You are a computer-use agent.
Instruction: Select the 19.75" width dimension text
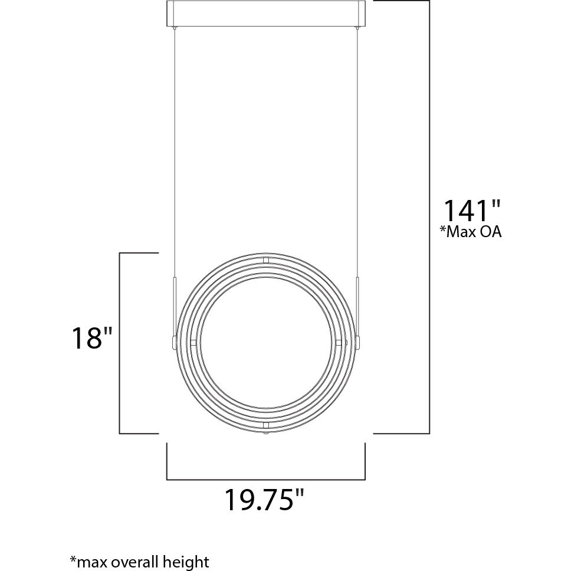pyautogui.click(x=264, y=500)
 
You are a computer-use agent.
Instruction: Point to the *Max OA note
pyautogui.click(x=470, y=232)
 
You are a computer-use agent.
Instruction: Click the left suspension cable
pyautogui.click(x=175, y=147)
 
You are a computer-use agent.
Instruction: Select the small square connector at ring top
pyautogui.click(x=265, y=260)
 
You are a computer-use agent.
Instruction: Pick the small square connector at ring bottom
pyautogui.click(x=265, y=424)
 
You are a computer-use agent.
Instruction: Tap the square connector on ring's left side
pyautogui.click(x=193, y=342)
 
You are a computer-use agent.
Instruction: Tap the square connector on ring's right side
pyautogui.click(x=338, y=342)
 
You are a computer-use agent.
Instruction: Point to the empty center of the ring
pyautogui.click(x=265, y=342)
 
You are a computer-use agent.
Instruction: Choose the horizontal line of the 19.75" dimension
pyautogui.click(x=265, y=479)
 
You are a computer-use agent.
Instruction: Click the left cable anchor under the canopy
pyautogui.click(x=175, y=28)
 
